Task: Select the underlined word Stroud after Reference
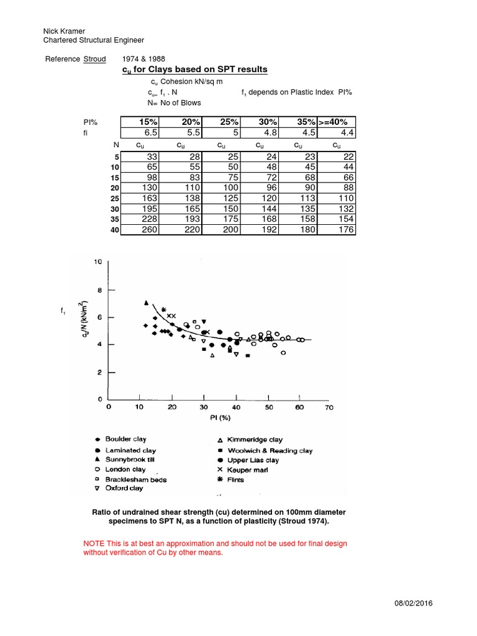(x=94, y=59)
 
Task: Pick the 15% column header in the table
(x=147, y=122)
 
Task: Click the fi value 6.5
(x=151, y=133)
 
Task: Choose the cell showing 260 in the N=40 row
(x=150, y=230)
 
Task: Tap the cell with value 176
(x=345, y=230)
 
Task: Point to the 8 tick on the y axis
(x=97, y=290)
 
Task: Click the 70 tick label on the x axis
(x=329, y=408)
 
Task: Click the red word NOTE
(x=94, y=543)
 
